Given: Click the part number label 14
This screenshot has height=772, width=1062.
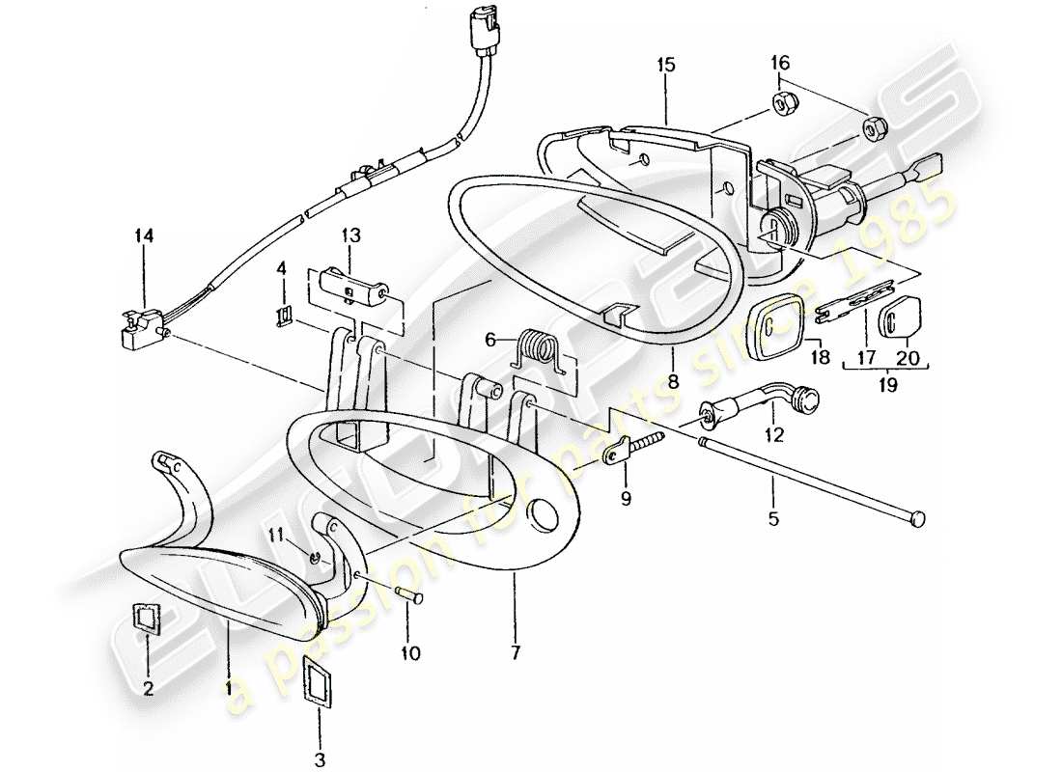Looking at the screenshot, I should click(144, 234).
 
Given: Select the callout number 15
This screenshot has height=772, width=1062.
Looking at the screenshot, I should click(666, 65).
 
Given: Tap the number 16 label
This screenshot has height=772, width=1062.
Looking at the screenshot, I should click(779, 63).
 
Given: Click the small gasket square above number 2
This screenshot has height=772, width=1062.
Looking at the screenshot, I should click(148, 619).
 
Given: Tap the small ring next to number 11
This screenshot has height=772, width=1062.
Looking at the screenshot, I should click(316, 555).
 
